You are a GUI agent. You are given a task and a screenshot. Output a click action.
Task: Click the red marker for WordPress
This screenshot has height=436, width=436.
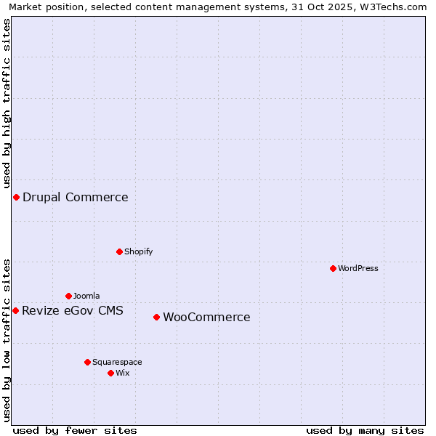click(333, 268)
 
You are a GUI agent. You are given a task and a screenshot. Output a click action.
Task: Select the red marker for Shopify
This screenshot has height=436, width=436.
click(119, 251)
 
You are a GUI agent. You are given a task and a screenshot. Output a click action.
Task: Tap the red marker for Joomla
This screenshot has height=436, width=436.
click(68, 296)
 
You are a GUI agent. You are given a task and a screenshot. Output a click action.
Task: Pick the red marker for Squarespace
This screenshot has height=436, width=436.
click(87, 362)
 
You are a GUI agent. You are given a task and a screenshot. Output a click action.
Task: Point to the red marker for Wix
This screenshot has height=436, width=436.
click(110, 373)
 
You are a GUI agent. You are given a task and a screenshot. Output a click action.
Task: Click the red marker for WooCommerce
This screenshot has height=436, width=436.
click(156, 317)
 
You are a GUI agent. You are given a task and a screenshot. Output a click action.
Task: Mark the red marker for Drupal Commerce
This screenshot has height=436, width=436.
click(16, 197)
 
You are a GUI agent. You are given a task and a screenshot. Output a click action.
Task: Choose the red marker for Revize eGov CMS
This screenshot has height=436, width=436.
click(15, 310)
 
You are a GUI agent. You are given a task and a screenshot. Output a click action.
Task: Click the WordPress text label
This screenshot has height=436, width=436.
click(358, 268)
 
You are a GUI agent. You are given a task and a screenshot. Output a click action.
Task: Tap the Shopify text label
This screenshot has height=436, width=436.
click(139, 251)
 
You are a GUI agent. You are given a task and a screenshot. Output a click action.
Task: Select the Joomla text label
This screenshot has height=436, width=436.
click(86, 296)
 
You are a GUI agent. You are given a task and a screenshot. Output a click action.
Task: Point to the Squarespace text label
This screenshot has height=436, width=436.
click(117, 362)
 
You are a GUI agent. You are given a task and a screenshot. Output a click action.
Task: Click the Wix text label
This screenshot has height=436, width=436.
click(123, 373)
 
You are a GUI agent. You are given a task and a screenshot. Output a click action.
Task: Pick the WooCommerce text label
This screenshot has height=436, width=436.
click(206, 317)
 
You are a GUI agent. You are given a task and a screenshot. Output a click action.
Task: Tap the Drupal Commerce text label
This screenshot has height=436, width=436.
click(76, 197)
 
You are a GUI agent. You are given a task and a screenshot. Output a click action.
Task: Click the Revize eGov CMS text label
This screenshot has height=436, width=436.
click(73, 311)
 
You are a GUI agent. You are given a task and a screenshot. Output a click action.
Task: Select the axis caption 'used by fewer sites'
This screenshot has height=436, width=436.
click(75, 430)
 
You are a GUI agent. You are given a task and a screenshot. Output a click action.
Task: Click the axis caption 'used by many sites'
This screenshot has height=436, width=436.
click(365, 430)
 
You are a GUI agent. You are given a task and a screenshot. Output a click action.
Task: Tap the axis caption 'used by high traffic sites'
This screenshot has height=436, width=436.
click(7, 103)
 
